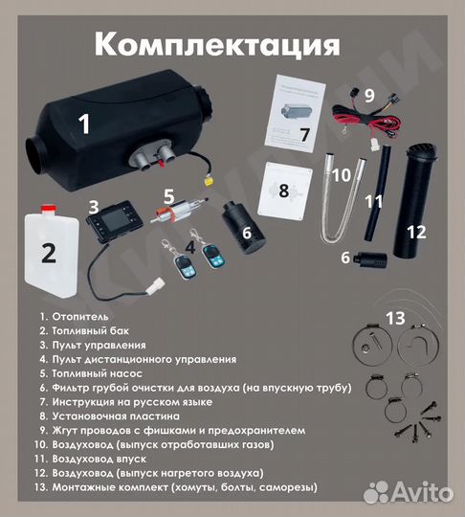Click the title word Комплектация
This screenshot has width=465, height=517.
click(x=218, y=44)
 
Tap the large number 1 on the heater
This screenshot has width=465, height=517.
click(x=83, y=124)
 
